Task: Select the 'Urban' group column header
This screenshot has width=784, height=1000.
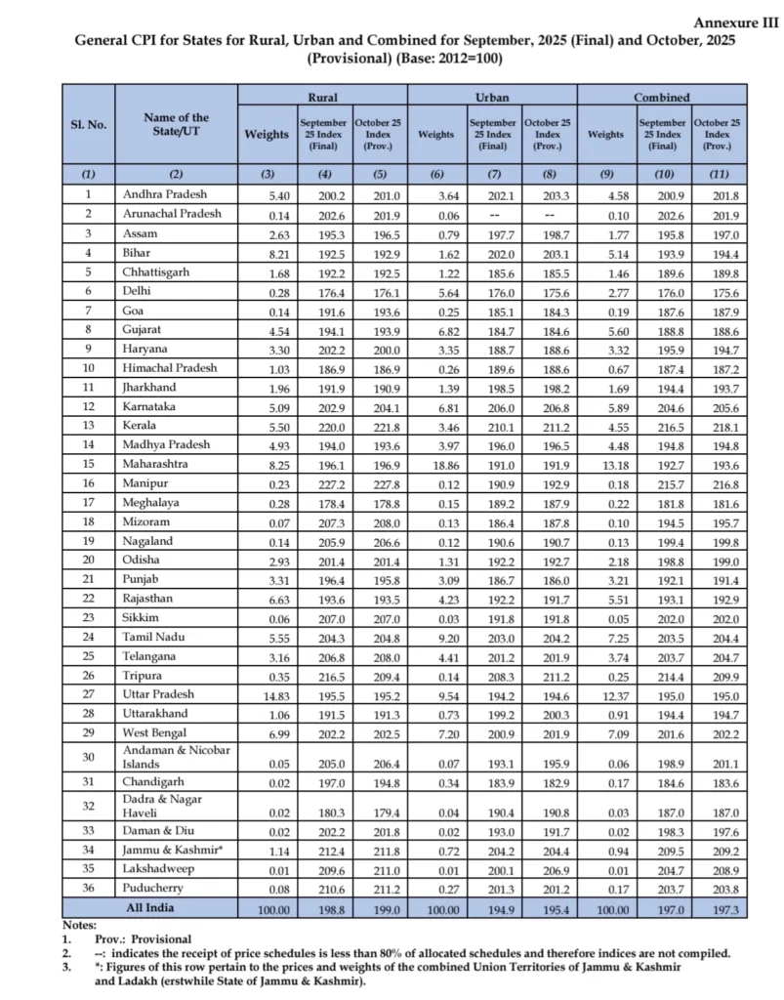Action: (491, 98)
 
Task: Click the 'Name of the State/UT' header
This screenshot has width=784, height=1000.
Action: (176, 125)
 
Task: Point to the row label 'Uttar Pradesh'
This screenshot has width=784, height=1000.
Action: (158, 694)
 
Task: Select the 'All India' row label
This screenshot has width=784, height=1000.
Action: (176, 906)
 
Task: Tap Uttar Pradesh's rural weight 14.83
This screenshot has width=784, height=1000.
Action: (266, 694)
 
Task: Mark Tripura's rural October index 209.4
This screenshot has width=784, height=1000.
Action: (378, 675)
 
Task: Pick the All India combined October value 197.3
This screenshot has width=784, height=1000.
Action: (717, 906)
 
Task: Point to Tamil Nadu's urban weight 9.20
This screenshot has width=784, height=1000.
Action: (435, 636)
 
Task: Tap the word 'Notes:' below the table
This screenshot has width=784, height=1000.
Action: (81, 924)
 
